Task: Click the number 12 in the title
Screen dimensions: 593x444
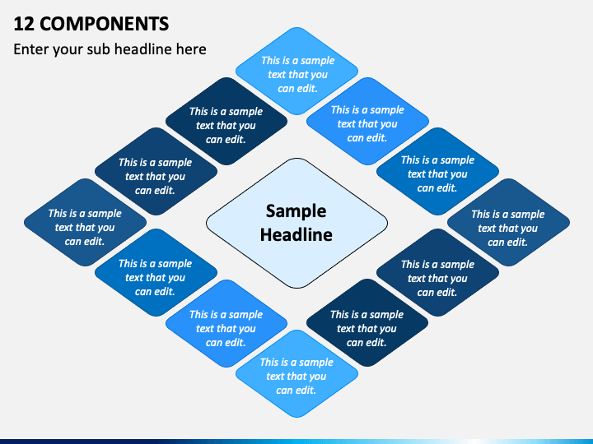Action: tap(24, 24)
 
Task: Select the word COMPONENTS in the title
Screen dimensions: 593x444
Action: tap(104, 24)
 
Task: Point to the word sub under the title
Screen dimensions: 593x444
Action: tap(99, 49)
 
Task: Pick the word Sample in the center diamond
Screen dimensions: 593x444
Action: tap(296, 211)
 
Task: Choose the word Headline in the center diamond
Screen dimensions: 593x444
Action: tap(296, 234)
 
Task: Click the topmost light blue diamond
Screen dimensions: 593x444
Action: tap(296, 71)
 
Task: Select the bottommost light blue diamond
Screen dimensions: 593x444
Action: tap(296, 374)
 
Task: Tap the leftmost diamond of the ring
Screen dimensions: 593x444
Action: tap(85, 222)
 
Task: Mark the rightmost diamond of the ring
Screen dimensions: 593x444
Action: tap(508, 222)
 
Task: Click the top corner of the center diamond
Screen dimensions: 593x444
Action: tap(296, 158)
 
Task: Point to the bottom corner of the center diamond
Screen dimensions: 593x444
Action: tap(296, 288)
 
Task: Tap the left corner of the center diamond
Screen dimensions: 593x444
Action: tap(206, 223)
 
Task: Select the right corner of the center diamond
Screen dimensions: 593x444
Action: tap(388, 223)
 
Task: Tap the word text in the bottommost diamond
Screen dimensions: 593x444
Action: tap(275, 377)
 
